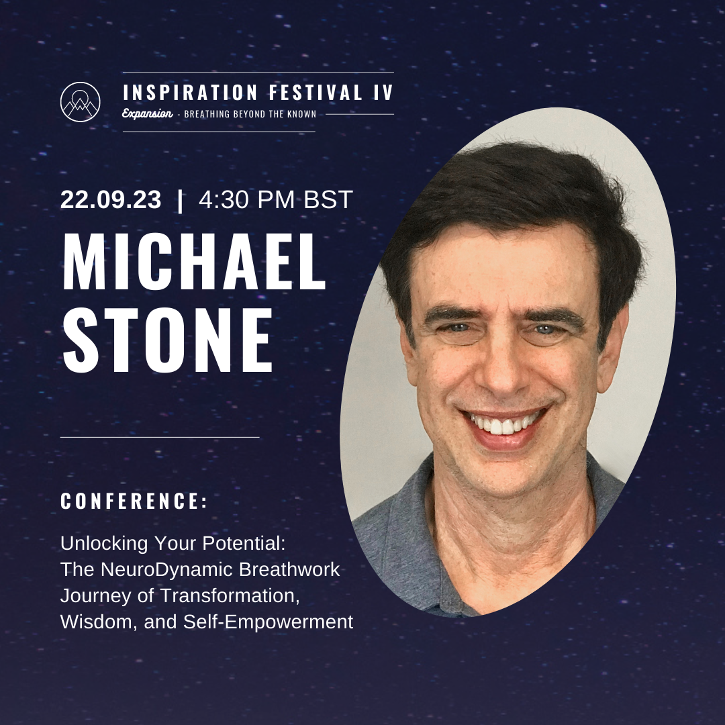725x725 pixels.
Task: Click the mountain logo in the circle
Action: click(80, 102)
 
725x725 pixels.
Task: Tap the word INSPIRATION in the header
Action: click(190, 93)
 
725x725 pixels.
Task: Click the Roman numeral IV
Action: click(384, 93)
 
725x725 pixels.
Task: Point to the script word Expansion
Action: click(147, 113)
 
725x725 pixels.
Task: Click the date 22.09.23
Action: click(111, 200)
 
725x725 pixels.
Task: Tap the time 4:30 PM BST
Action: click(276, 200)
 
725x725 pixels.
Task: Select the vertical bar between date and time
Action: click(180, 201)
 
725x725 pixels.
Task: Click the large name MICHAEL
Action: click(194, 262)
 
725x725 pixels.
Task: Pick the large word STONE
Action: click(167, 340)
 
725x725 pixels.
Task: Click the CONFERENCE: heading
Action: click(134, 501)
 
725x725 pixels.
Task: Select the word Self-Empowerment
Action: click(268, 622)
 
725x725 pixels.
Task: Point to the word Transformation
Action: click(230, 595)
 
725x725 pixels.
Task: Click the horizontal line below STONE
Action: click(160, 437)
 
